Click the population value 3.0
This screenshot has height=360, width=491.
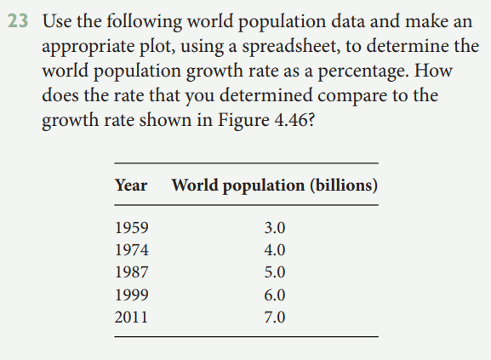click(x=276, y=229)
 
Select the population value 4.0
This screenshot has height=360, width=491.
click(x=276, y=251)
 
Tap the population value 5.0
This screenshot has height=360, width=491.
click(x=276, y=273)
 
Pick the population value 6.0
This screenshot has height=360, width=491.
click(x=276, y=295)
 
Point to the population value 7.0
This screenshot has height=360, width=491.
click(x=276, y=317)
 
